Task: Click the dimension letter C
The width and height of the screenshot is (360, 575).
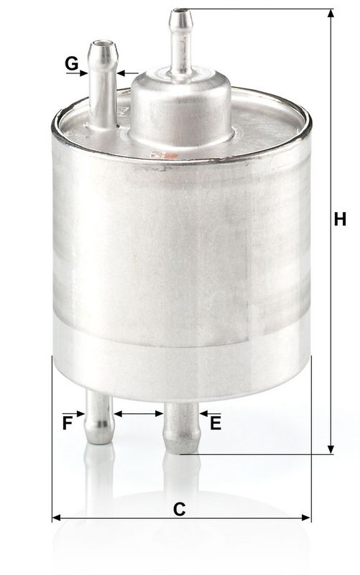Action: coord(180,508)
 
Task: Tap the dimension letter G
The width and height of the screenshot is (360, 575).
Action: coord(71,63)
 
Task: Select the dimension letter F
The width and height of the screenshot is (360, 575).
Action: coord(68,423)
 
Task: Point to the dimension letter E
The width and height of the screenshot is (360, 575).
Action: coord(215,423)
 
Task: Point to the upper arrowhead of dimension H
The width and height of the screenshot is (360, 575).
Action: coord(331,15)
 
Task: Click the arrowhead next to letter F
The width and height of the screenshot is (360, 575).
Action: coord(81,413)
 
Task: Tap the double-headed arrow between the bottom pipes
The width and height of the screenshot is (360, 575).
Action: coord(139,413)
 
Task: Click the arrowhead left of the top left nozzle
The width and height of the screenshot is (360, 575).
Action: coord(83,73)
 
